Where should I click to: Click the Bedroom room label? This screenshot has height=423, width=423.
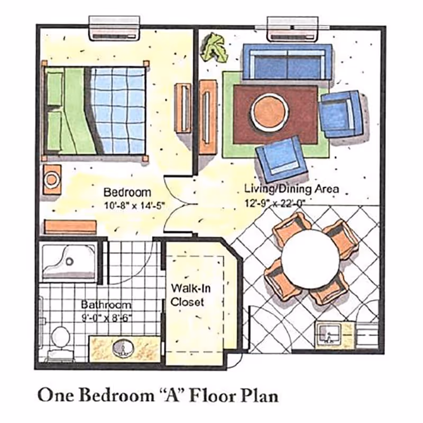(x=126, y=192)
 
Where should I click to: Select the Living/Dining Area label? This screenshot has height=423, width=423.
(x=291, y=189)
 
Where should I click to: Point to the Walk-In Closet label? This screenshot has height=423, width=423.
(x=187, y=296)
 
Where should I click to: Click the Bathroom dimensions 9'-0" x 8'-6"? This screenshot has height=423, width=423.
(x=106, y=317)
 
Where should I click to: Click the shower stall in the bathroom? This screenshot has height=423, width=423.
(x=69, y=261)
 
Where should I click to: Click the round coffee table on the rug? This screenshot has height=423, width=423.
(x=270, y=112)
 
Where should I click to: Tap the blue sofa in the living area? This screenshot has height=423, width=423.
(x=287, y=62)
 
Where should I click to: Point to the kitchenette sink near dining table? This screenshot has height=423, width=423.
(x=328, y=334)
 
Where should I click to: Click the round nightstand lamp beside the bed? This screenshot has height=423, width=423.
(x=52, y=179)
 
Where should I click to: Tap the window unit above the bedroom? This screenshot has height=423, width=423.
(x=115, y=28)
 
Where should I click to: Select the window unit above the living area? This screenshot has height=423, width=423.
(x=293, y=28)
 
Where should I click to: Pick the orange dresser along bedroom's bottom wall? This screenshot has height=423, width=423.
(x=70, y=226)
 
